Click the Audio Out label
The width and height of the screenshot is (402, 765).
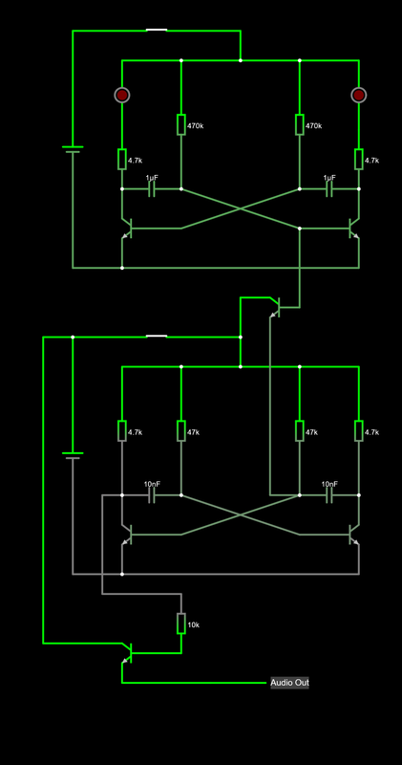point(289,683)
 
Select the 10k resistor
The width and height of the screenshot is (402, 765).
point(180,623)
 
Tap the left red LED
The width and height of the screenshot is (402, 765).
point(122,95)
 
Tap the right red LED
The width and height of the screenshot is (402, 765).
point(359,95)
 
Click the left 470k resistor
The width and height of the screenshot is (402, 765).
point(180,125)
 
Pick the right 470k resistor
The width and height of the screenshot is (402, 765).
point(300,125)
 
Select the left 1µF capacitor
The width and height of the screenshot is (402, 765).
point(152,189)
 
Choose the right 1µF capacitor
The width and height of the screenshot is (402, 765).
point(329,189)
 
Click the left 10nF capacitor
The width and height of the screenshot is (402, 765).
point(152,495)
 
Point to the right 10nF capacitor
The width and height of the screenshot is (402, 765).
point(329,495)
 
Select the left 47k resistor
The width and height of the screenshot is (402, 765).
point(180,431)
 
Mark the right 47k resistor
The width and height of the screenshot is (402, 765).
point(300,431)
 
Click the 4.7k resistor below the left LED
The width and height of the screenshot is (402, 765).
point(122,159)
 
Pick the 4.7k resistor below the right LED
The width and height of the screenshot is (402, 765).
point(359,159)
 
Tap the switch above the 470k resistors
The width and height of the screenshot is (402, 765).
point(157,31)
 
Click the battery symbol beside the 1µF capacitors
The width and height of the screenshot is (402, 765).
point(73,149)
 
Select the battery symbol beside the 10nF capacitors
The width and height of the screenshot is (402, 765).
point(73,455)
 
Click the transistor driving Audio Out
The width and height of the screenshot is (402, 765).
point(126,654)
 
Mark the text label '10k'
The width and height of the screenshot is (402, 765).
point(194,624)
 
